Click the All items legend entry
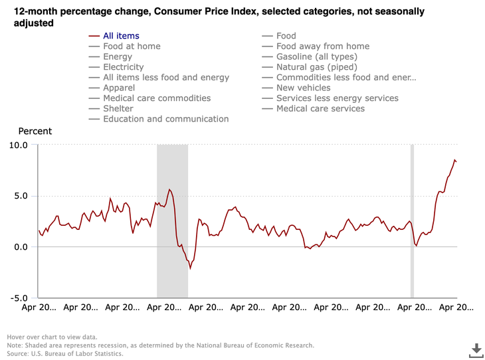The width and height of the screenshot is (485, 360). (x=121, y=36)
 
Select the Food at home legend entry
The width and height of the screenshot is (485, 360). (x=132, y=46)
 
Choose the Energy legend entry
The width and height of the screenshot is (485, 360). (x=118, y=57)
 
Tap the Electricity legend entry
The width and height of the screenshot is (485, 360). (x=123, y=67)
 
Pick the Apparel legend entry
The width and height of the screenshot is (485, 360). (x=119, y=88)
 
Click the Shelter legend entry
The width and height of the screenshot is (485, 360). (x=118, y=108)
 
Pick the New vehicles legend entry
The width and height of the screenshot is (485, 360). (x=303, y=88)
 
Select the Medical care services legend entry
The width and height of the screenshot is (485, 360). (x=320, y=108)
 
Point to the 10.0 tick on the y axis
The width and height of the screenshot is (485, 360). (x=19, y=145)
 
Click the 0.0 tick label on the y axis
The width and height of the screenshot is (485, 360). (x=21, y=247)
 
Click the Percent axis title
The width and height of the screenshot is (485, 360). (x=35, y=131)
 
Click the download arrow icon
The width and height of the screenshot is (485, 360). (x=476, y=349)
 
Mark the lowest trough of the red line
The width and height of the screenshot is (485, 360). (x=190, y=268)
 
